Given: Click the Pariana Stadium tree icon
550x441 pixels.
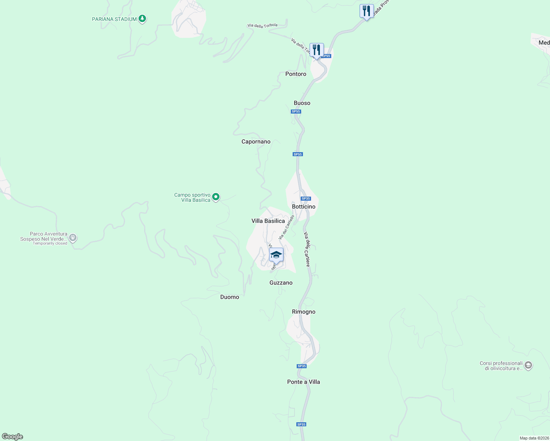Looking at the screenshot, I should (x=142, y=19).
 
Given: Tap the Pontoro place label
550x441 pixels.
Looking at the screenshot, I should (x=296, y=74).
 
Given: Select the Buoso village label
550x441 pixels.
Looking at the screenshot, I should (x=302, y=103).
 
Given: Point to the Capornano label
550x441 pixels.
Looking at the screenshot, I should (x=256, y=142).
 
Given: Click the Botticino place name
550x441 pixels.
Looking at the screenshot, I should (x=303, y=207).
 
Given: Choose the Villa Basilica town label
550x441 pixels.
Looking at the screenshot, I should (x=268, y=221).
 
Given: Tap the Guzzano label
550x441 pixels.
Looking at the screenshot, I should (x=281, y=283).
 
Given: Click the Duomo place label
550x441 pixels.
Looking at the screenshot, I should (x=229, y=297).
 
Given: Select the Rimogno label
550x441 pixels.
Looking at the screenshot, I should (x=303, y=312).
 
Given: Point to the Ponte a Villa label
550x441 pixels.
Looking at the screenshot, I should (x=303, y=382).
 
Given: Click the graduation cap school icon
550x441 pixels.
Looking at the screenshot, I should (x=276, y=255).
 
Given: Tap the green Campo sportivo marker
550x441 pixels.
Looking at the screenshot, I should (x=216, y=197).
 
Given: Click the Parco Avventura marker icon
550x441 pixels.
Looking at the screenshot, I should (x=73, y=238).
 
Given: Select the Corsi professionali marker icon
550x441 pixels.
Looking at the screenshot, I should (x=528, y=365).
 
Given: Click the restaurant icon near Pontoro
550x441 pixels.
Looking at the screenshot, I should (x=317, y=50).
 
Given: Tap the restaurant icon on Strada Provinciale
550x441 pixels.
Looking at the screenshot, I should (x=367, y=11).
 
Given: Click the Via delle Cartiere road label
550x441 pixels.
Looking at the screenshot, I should (x=307, y=249).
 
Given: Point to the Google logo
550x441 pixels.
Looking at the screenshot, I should (x=12, y=437).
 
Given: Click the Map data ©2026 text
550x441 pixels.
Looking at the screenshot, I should (x=534, y=438).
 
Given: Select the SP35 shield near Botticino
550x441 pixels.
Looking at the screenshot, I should (x=306, y=199).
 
